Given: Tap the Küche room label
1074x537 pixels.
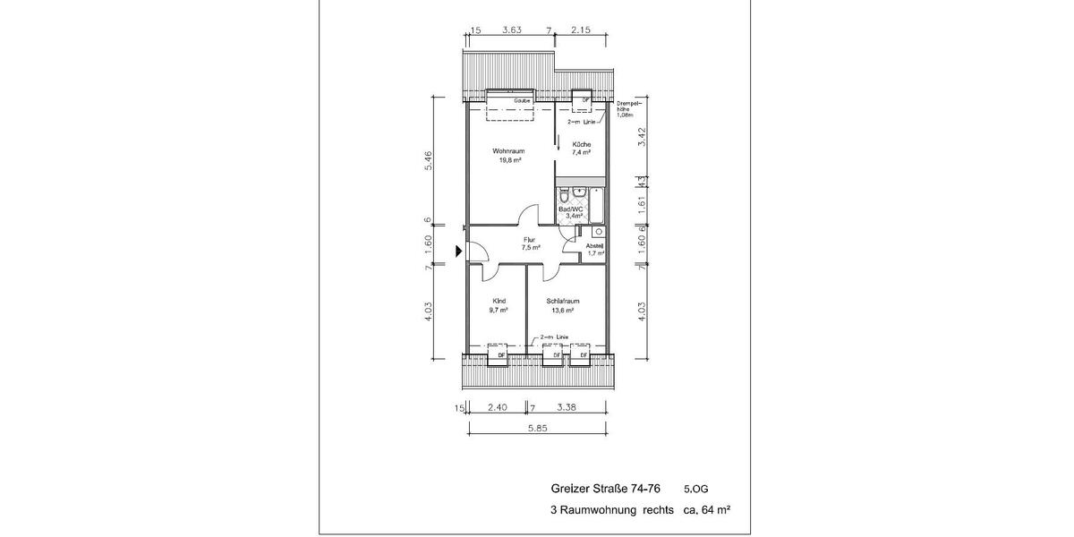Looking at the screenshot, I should pos(582,145).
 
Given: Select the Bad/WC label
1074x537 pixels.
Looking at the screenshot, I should pos(571,209).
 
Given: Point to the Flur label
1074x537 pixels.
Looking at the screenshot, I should pos(530,240).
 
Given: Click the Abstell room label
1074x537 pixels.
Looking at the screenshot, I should pos(595,246).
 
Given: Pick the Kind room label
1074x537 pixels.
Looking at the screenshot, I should pos(499,301).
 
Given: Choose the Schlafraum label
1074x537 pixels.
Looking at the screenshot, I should pos(563,301).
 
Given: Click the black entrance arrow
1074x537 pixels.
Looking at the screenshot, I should pos(459,252).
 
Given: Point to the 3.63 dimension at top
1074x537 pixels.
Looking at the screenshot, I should pos(512,30).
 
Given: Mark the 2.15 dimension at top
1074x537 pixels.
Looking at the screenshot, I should pos(582,30).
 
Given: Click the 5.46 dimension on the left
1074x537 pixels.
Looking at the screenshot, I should pos(429,161).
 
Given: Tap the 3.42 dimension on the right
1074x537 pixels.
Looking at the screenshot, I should pos(642,138).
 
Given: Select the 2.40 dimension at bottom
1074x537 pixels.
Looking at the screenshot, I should pos(498,408).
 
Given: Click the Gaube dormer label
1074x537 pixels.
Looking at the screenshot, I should pos(523,101).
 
